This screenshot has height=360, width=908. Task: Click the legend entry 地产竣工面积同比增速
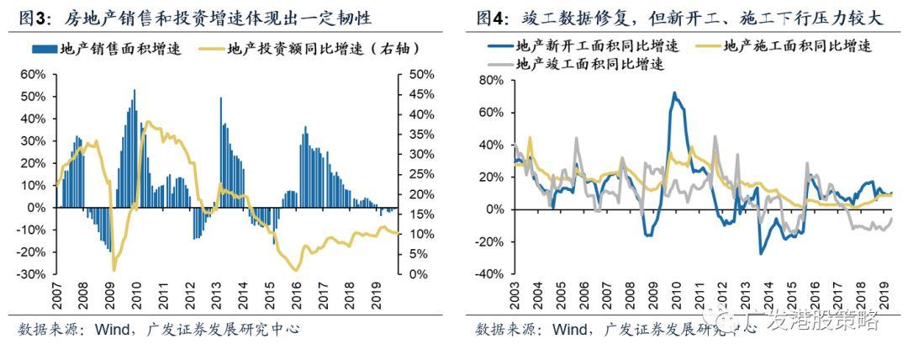click(589, 63)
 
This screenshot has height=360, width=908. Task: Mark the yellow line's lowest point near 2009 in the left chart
click(113, 270)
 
